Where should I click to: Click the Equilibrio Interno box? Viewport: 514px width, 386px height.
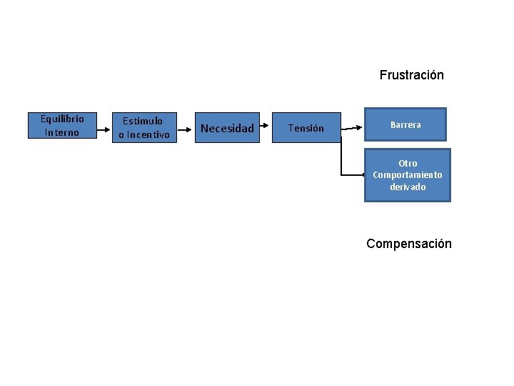click(62, 125)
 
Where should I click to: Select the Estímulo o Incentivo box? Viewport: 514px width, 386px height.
click(144, 128)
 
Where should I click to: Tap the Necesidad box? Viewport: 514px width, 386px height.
click(228, 128)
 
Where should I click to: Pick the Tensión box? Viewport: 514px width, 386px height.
click(306, 128)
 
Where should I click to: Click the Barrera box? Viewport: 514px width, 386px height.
click(405, 125)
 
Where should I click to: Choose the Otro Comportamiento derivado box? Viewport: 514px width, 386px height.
click(407, 175)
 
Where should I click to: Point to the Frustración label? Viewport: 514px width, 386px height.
click(411, 75)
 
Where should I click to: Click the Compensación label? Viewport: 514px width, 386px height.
click(409, 244)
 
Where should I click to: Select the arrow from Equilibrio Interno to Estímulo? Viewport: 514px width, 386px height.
click(104, 128)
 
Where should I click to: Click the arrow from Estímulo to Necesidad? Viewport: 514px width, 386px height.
click(186, 128)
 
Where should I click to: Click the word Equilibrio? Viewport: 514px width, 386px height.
click(62, 119)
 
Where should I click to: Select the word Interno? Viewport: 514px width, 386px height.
click(62, 132)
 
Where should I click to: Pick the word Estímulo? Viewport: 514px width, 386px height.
click(143, 121)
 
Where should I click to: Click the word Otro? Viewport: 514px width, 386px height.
click(408, 164)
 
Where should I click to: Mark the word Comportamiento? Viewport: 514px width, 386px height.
click(408, 175)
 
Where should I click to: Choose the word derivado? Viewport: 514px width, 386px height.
click(408, 187)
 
